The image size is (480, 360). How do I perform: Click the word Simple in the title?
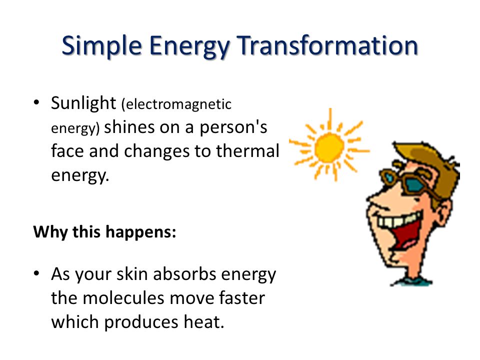click(101, 46)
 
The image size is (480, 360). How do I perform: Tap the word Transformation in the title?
click(327, 45)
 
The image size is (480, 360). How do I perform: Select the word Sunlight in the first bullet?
click(83, 103)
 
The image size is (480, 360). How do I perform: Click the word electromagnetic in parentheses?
click(176, 104)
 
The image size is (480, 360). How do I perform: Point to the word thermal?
click(247, 150)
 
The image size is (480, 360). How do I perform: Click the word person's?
click(233, 128)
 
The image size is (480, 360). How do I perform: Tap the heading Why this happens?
click(104, 231)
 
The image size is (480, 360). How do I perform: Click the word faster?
click(242, 297)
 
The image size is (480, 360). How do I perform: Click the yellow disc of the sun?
click(329, 148)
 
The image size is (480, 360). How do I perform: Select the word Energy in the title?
click(189, 46)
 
